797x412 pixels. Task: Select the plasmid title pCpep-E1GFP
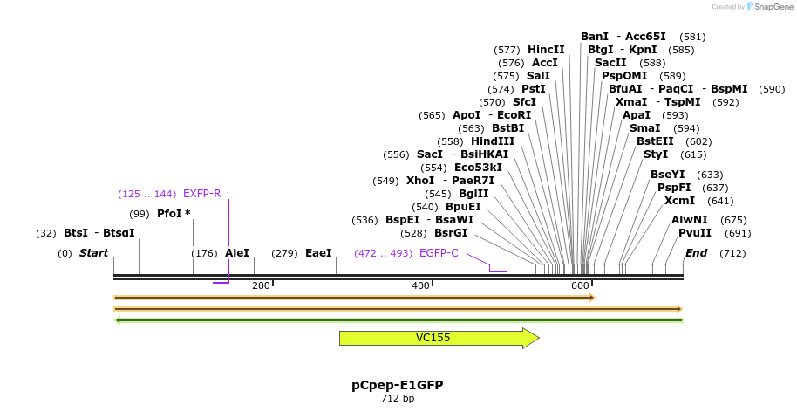397,384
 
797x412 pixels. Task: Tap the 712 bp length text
397,399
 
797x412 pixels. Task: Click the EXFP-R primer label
201,194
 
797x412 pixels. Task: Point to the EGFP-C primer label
439,253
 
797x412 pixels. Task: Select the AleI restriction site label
236,253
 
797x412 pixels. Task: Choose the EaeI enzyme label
318,253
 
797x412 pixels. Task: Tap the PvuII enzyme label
695,233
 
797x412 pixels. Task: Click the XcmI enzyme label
679,201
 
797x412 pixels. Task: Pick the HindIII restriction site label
493,141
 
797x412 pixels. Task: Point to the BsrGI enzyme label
451,233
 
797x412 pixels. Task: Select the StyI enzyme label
656,154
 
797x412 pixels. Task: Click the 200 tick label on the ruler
261,286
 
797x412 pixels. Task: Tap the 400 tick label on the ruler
421,286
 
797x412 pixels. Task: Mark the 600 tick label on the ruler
580,286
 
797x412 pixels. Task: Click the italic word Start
93,253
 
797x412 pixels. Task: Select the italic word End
696,253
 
